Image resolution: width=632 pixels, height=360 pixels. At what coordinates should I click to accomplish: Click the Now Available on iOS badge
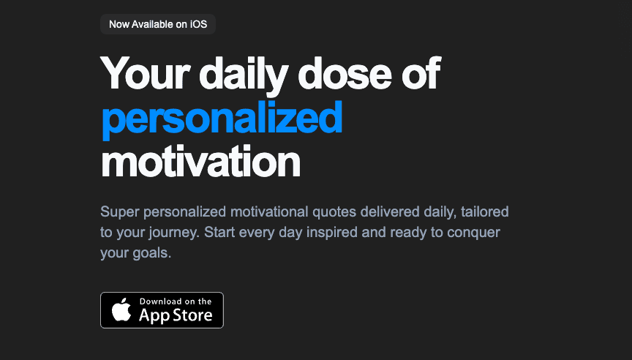(158, 24)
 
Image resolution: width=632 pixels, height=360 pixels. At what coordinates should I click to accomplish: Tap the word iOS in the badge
(197, 24)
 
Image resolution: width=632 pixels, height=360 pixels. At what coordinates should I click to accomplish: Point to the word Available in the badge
(153, 24)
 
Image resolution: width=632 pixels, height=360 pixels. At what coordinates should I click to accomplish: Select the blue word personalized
(222, 117)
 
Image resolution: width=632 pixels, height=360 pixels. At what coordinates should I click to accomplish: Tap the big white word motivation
(200, 161)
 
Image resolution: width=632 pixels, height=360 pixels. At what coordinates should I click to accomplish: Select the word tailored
(485, 213)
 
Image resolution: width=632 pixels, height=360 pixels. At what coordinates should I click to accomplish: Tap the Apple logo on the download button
(121, 311)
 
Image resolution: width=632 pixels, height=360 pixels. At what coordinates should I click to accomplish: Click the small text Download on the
(176, 301)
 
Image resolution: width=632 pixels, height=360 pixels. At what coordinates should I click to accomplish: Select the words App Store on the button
(176, 315)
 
